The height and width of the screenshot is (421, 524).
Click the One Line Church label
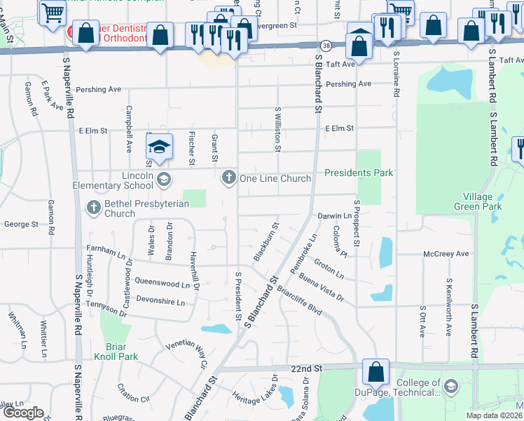275,178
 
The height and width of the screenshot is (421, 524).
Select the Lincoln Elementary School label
112,180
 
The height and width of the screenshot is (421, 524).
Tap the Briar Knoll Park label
111,352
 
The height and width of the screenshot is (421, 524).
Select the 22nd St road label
307,368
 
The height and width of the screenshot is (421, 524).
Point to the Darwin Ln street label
334,215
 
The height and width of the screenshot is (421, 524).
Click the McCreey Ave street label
446,253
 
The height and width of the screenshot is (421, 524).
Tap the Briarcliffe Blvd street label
298,298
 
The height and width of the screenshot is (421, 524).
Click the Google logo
24,413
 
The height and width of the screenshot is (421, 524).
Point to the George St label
20,225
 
